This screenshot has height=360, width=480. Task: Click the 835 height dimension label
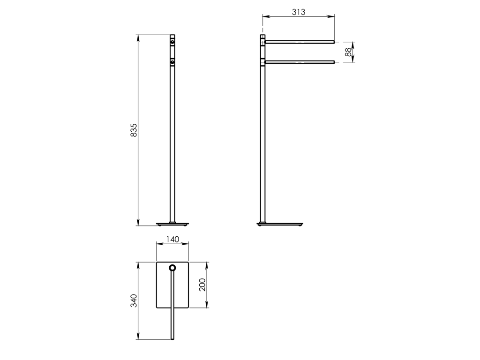point(134,130)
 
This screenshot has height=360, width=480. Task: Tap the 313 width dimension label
point(299,12)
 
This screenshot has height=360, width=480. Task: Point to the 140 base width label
point(172,239)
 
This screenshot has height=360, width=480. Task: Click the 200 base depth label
point(202,285)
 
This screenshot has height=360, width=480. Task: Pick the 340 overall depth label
point(134,300)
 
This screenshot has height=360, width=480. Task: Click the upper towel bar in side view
point(300,42)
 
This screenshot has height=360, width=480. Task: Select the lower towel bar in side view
point(300,62)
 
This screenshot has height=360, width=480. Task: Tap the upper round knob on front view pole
point(172,42)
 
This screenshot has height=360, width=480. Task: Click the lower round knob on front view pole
point(172,62)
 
